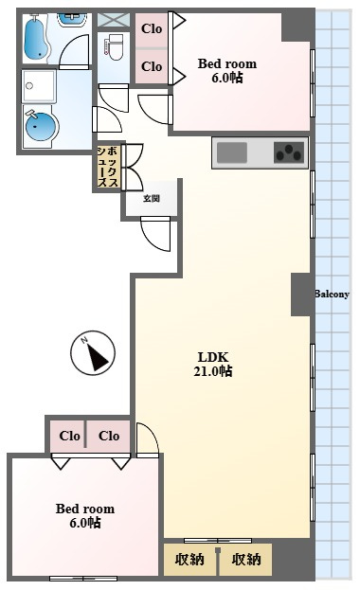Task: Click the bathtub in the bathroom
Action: [x=37, y=38]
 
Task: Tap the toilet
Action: [x=116, y=47]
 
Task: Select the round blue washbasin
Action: [x=39, y=125]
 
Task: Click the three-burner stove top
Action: [x=289, y=152]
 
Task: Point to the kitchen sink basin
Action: [x=232, y=152]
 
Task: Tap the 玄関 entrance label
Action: [x=152, y=198]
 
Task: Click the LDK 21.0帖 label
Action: [x=213, y=364]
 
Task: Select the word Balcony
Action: [x=332, y=294]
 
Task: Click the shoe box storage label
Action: [x=108, y=167]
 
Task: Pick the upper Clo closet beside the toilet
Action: [x=152, y=29]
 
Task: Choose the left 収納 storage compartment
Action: [x=189, y=559]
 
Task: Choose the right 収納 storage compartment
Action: [x=246, y=559]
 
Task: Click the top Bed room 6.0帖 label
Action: [x=227, y=70]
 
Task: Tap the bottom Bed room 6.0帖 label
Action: [x=85, y=515]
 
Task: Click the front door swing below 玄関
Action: [x=155, y=233]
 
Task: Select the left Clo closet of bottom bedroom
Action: [x=69, y=436]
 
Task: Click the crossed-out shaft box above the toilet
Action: [x=114, y=20]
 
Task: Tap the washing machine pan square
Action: [x=39, y=86]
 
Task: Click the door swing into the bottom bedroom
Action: [x=148, y=439]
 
